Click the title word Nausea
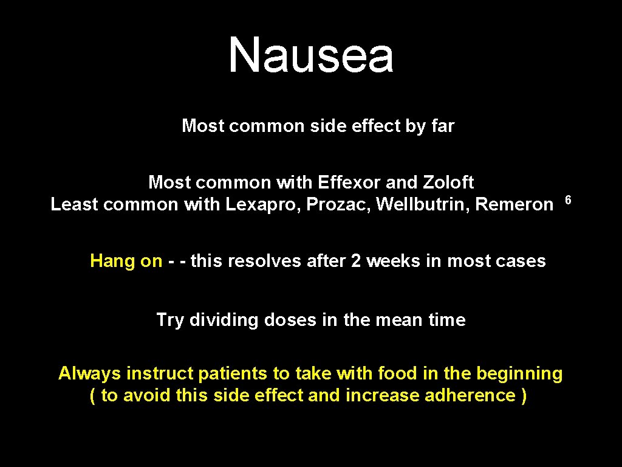[311, 55]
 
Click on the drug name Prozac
[337, 204]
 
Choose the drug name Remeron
[514, 204]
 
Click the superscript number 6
[569, 199]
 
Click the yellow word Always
[90, 373]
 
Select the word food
[398, 373]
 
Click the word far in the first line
[443, 126]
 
